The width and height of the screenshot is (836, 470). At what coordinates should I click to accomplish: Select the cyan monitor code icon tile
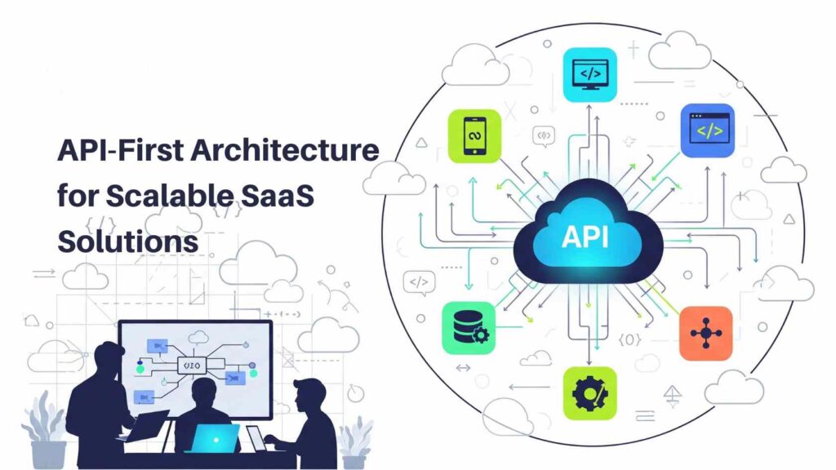coord(590,74)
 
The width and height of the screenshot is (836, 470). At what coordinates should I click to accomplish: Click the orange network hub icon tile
coord(706,333)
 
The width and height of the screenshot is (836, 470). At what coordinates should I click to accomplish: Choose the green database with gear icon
coord(469,328)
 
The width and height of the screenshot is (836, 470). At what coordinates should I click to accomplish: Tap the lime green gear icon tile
coord(589,393)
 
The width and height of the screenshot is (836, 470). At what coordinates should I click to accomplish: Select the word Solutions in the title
coord(127,240)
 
